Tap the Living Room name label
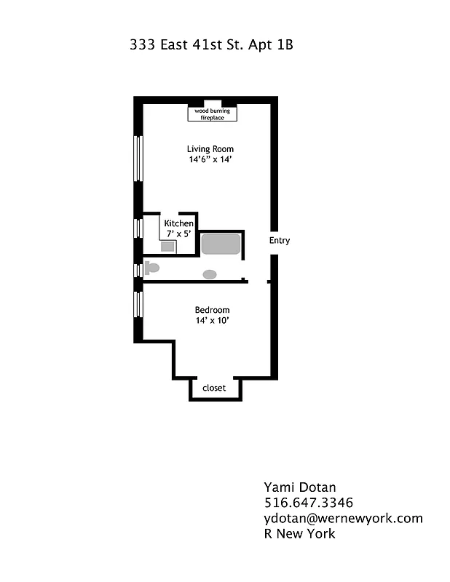pyautogui.click(x=210, y=149)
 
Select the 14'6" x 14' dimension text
pyautogui.click(x=210, y=160)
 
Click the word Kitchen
pyautogui.click(x=179, y=223)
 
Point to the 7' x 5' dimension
pyautogui.click(x=179, y=234)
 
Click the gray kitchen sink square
pyautogui.click(x=168, y=247)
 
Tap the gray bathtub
pyautogui.click(x=221, y=244)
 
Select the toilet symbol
pyautogui.click(x=151, y=268)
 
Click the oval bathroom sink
pyautogui.click(x=210, y=274)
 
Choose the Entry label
pyautogui.click(x=280, y=241)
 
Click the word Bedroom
pyautogui.click(x=212, y=309)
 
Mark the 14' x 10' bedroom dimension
pyautogui.click(x=212, y=321)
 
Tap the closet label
pyautogui.click(x=214, y=388)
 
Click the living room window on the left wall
pyautogui.click(x=137, y=158)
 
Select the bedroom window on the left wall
pyautogui.click(x=137, y=304)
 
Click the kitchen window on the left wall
pyautogui.click(x=137, y=228)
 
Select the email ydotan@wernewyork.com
pyautogui.click(x=343, y=518)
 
